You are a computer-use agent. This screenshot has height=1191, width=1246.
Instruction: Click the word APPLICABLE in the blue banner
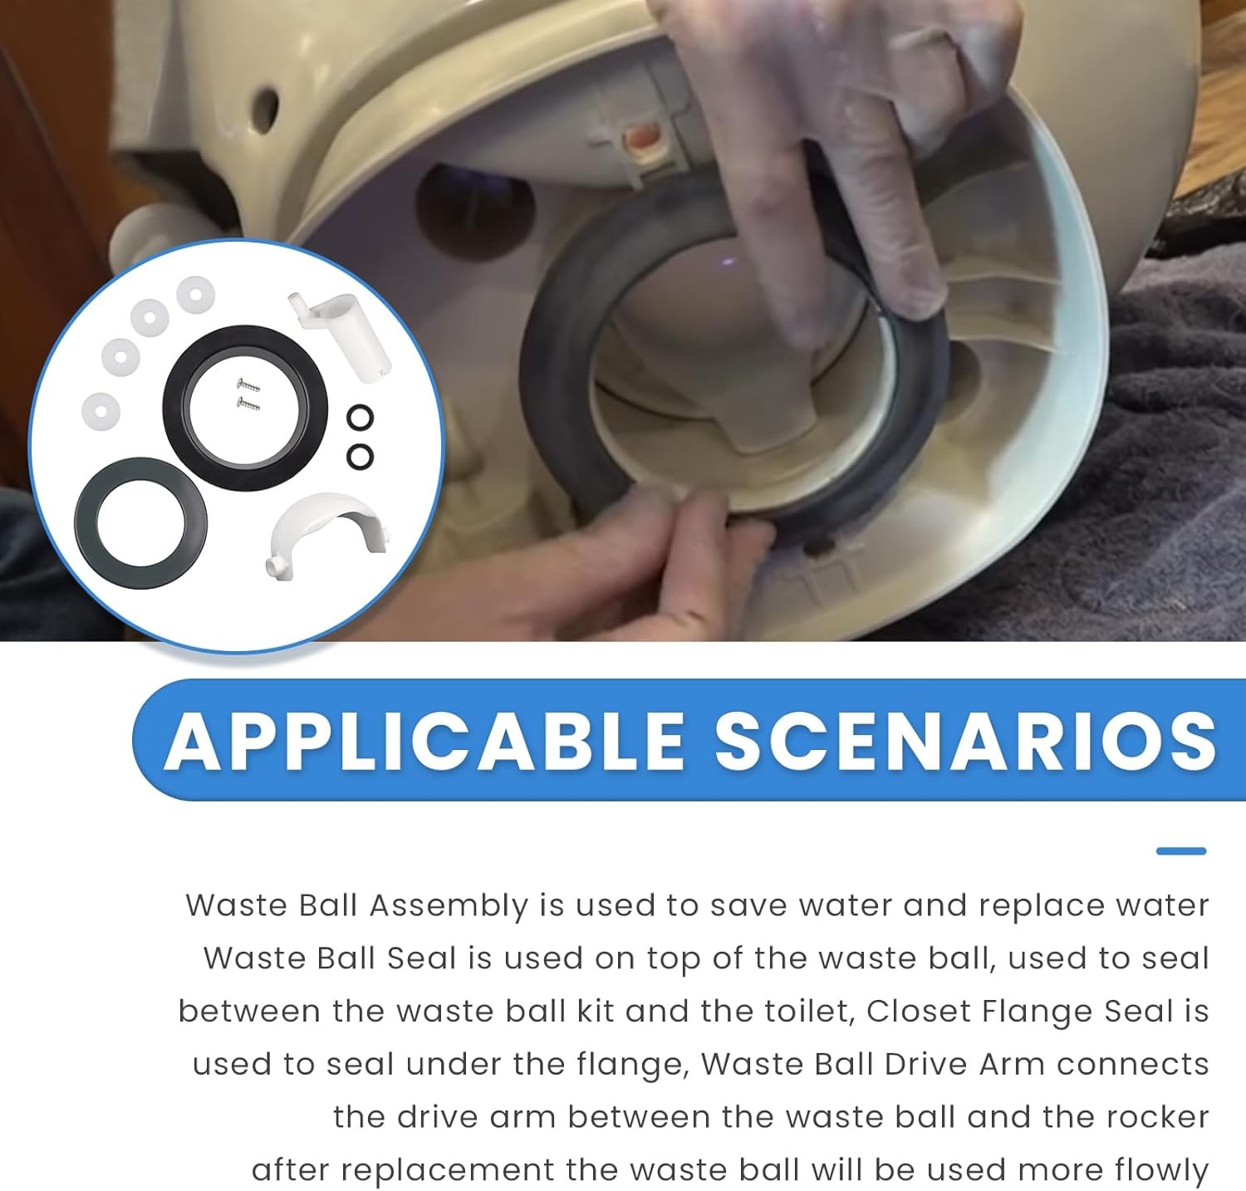point(425,740)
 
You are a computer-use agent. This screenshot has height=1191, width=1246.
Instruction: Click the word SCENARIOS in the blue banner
point(966,740)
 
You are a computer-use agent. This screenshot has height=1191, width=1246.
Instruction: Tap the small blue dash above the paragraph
point(1180,850)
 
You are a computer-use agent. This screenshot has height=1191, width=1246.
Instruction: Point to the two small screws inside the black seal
point(248,394)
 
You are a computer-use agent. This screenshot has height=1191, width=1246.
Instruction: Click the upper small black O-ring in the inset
point(360,418)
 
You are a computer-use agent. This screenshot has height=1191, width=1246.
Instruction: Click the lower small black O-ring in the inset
point(360,456)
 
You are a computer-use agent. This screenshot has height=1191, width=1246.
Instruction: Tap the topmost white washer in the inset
point(196,294)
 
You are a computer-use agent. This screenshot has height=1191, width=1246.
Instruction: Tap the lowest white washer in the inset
point(101,410)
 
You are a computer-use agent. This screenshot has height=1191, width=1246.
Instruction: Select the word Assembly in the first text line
point(449,906)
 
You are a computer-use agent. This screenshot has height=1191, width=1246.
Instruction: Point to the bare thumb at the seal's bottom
point(710,532)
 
